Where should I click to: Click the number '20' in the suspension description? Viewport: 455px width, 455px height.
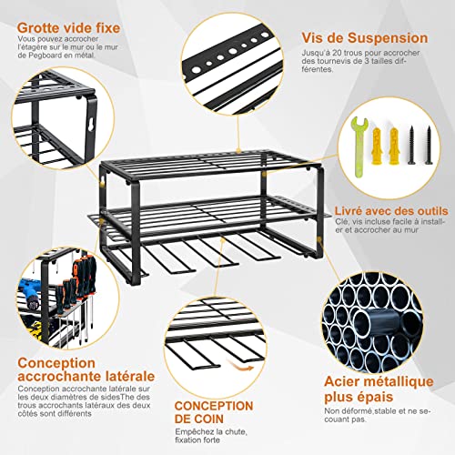point(348,57)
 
